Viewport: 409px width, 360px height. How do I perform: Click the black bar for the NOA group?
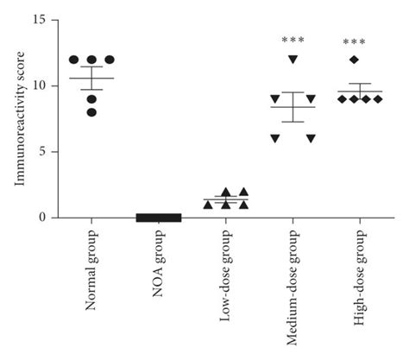(159, 218)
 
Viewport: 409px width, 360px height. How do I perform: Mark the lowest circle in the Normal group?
(91, 112)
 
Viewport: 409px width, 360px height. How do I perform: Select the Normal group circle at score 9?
(91, 98)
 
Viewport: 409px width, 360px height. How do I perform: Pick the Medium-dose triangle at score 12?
(293, 60)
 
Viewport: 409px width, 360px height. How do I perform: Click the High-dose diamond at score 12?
(354, 60)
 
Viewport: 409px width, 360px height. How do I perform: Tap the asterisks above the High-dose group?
(354, 41)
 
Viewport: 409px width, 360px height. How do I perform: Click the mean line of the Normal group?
(91, 79)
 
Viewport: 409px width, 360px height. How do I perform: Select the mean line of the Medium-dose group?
(293, 106)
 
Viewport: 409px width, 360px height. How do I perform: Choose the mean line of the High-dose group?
(354, 92)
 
